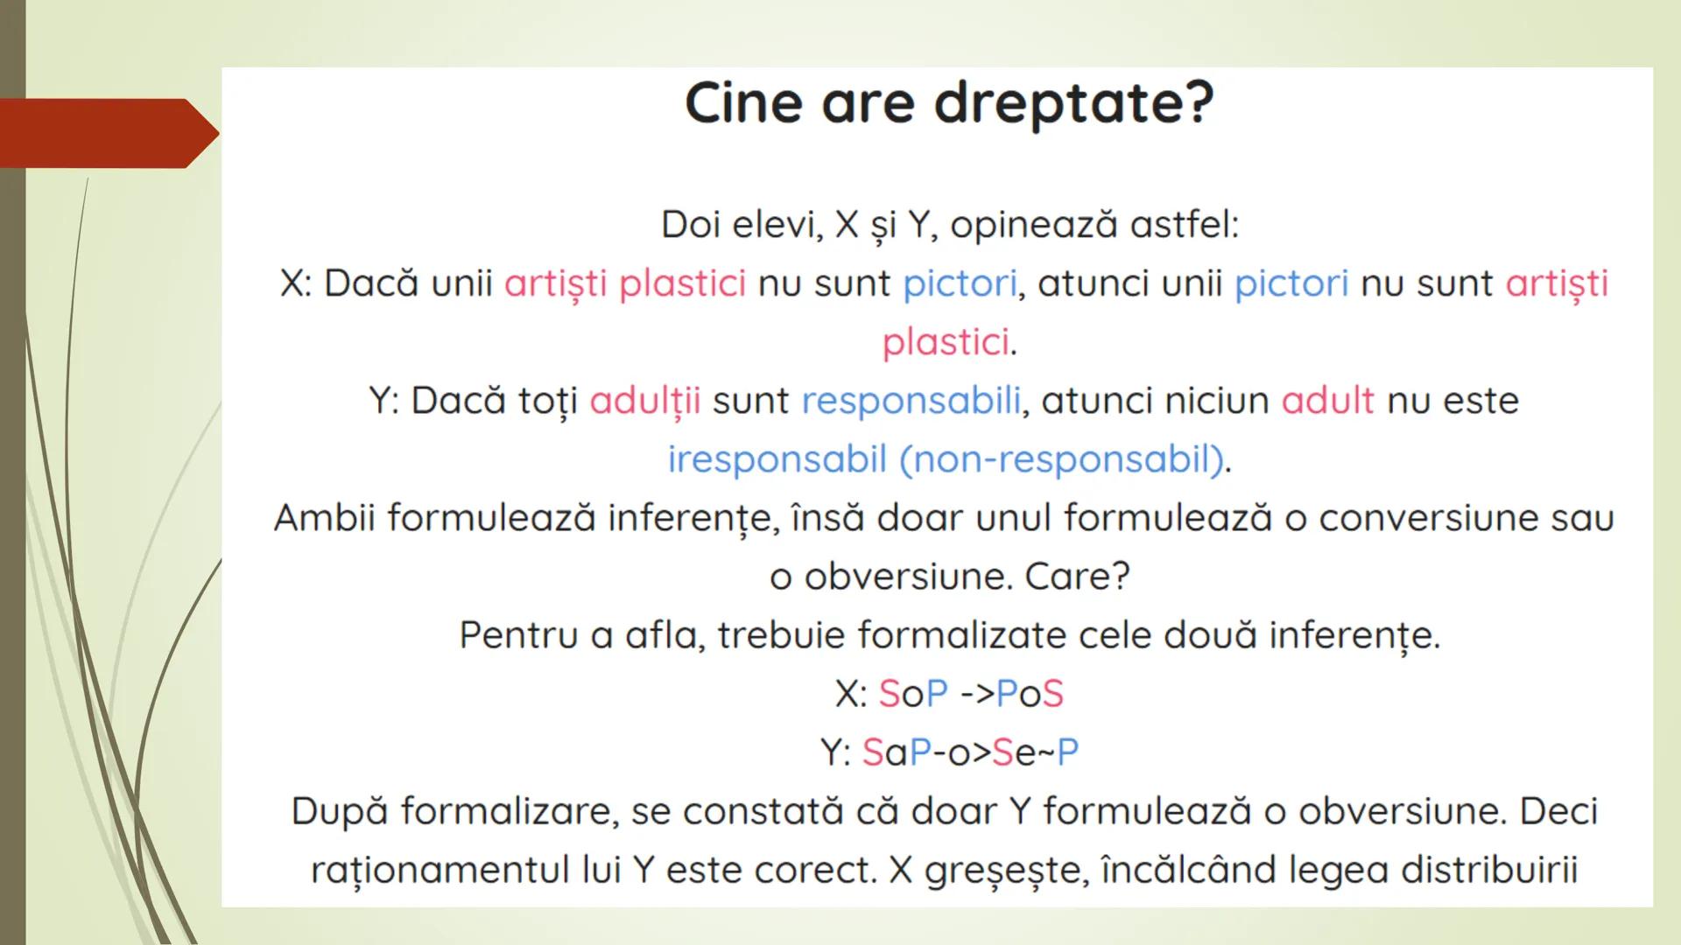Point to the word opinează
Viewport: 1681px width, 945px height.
click(1034, 225)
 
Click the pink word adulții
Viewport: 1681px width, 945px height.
click(644, 401)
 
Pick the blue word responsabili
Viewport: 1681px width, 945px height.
click(911, 401)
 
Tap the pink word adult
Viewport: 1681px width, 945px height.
click(1327, 401)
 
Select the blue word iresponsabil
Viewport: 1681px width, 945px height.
click(777, 459)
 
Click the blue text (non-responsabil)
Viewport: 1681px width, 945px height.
click(1061, 459)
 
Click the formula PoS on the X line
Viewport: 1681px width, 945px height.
click(1030, 694)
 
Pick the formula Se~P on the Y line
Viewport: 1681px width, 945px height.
click(1035, 752)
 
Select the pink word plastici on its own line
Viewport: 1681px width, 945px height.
click(945, 342)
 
